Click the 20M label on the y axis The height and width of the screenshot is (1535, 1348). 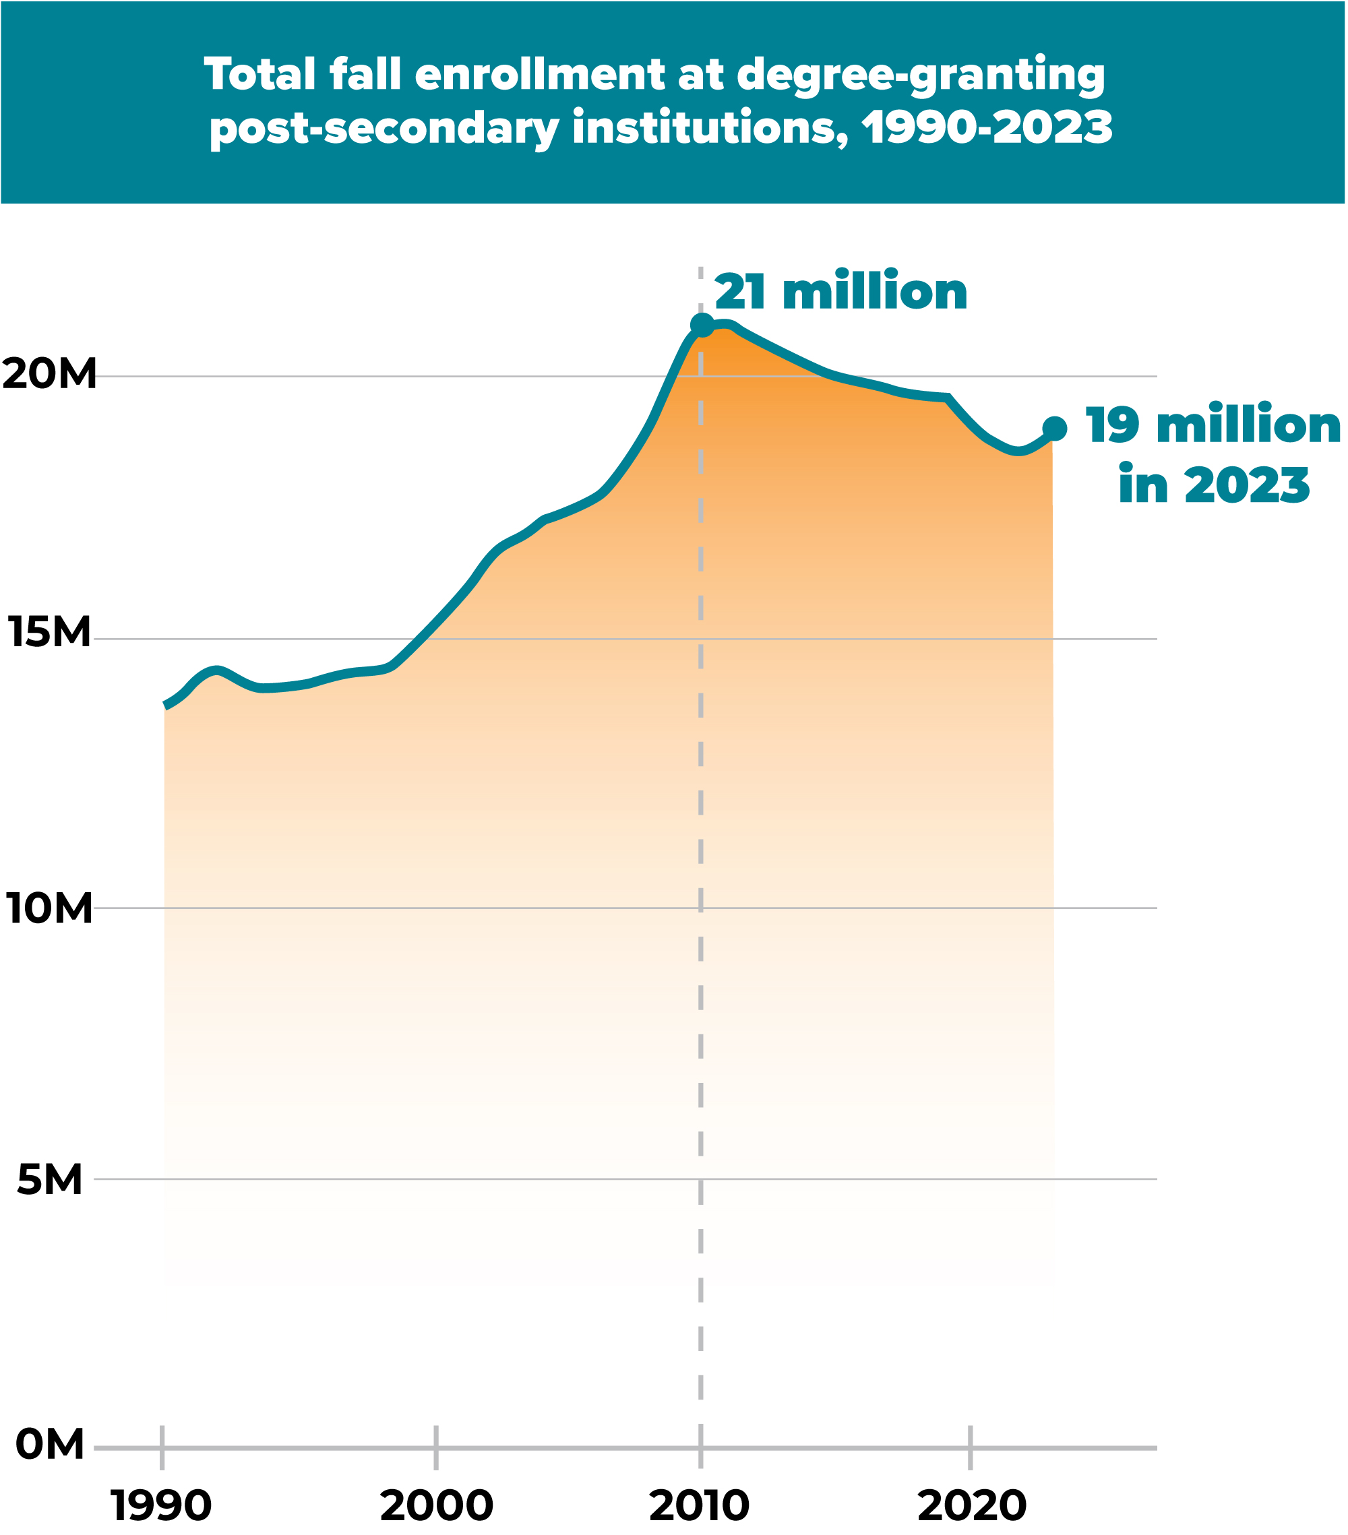coord(50,374)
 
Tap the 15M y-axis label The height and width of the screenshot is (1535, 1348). coord(50,631)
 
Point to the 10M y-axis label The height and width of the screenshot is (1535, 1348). coord(50,909)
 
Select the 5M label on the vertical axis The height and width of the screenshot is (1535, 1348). coord(50,1179)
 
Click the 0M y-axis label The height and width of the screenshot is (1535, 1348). coord(50,1444)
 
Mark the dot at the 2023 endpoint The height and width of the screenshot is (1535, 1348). coord(1054,429)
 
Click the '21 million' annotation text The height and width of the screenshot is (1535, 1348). coord(841,292)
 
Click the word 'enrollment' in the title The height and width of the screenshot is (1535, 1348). coord(539,75)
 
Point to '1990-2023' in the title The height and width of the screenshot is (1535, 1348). coord(987,127)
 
